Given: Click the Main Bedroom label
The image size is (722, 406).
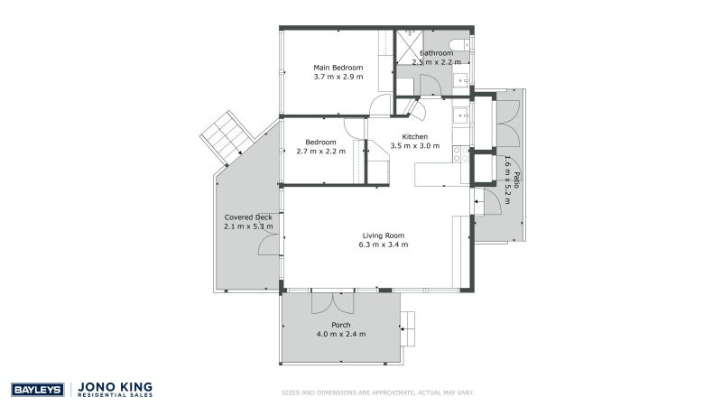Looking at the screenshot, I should (338, 68).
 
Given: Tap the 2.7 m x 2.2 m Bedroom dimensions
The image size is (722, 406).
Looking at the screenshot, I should (321, 152).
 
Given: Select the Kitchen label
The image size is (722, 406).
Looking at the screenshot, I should (414, 136).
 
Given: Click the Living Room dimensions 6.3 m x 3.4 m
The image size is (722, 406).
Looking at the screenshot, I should (379, 245).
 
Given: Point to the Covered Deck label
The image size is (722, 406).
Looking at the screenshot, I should (248, 217).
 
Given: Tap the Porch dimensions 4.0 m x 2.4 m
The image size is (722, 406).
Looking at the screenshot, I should (340, 335).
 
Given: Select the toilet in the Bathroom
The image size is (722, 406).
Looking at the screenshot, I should (458, 45).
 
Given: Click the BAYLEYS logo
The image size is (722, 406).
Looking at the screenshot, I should (36, 390).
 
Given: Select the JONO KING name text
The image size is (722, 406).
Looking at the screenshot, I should (116, 386).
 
